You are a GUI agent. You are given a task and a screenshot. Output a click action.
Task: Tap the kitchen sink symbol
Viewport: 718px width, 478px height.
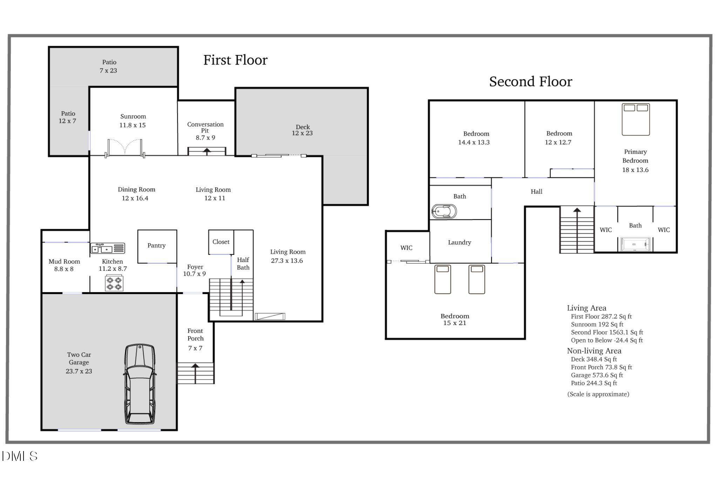[x=108, y=248]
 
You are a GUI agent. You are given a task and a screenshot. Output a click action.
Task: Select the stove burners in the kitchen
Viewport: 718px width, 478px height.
[x=114, y=283]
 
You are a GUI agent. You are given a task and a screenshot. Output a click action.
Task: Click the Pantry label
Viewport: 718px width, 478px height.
[x=156, y=245]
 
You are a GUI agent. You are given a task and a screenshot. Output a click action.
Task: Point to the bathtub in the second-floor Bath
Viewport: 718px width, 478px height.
[x=444, y=212]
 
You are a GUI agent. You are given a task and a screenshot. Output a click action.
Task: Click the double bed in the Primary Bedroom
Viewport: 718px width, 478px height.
[x=636, y=119]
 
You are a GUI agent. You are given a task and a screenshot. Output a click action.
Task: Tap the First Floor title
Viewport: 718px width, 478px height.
[x=235, y=60]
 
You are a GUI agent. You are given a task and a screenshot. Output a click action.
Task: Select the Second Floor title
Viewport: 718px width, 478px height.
[x=530, y=82]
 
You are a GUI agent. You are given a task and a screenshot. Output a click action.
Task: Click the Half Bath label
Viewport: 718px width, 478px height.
[x=243, y=264]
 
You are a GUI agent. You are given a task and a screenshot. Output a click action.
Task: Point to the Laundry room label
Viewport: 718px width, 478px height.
[x=460, y=242]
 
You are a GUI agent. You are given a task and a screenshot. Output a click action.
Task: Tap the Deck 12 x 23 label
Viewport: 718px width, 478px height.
[x=303, y=130]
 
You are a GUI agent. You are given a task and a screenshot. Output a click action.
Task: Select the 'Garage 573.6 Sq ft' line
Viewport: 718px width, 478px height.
[x=597, y=375]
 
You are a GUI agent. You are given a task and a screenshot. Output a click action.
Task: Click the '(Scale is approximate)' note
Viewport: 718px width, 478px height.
[x=598, y=394]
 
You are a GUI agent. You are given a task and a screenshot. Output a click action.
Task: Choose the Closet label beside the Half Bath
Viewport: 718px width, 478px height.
[x=221, y=242]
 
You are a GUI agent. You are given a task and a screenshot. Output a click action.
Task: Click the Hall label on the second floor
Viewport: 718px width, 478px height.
[x=536, y=192]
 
